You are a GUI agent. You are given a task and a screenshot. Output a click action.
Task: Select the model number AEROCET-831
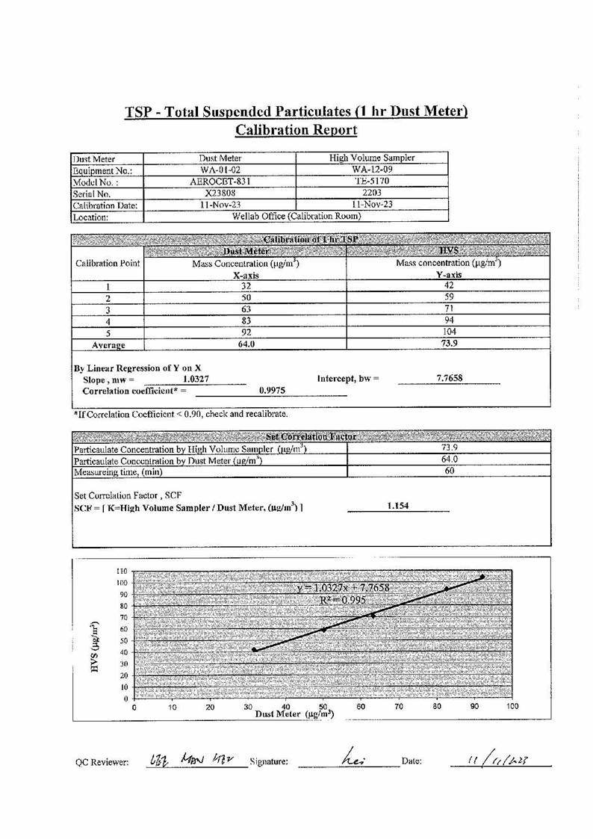coord(220,181)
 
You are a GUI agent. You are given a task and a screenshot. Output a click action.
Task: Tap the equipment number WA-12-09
coord(372,170)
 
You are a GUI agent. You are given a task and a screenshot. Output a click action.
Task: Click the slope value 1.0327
coord(196,380)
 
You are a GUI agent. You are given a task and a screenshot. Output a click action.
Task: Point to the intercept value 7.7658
coord(449,379)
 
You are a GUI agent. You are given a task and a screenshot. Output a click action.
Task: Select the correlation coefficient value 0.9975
coord(271,390)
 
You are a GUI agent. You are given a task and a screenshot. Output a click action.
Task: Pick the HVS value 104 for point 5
coord(449,332)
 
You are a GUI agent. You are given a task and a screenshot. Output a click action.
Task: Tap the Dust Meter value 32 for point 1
coord(246,285)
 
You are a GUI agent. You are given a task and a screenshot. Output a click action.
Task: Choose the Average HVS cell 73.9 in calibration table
coord(449,344)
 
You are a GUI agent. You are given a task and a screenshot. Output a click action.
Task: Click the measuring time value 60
coord(449,471)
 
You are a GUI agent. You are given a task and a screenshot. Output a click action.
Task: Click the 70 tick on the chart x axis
coord(399,706)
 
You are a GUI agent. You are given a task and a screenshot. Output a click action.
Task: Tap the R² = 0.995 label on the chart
coord(340,600)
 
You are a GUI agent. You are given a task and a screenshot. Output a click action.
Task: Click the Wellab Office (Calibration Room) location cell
coord(296,217)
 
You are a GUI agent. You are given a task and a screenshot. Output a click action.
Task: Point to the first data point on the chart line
coord(255,650)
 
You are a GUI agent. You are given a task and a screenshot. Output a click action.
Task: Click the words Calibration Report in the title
coord(296,130)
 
